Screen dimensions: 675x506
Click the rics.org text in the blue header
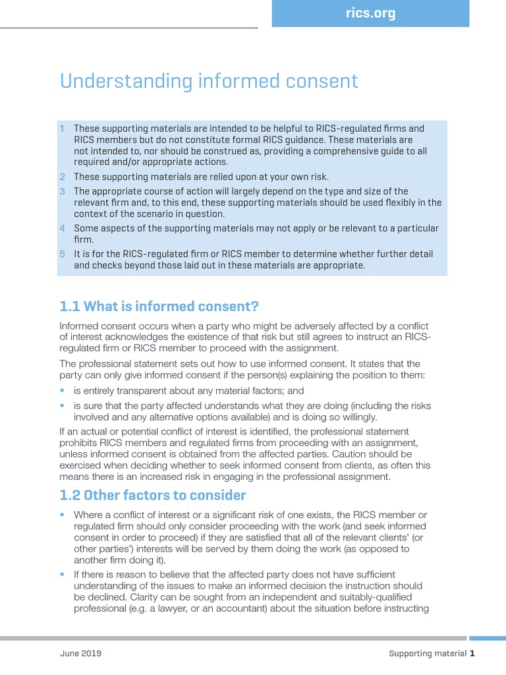[370, 14]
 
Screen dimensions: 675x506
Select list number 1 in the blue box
[63, 129]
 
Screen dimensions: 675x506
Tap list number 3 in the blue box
[63, 191]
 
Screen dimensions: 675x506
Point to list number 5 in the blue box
[63, 254]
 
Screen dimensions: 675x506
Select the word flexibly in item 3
[387, 202]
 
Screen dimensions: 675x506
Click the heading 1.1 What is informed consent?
[159, 307]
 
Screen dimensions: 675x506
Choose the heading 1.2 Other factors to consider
[152, 495]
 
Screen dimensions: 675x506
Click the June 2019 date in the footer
[80, 653]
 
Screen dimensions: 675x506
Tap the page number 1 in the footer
[472, 653]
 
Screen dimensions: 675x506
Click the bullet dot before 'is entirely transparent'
[63, 390]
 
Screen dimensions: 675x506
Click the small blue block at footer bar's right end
[487, 638]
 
